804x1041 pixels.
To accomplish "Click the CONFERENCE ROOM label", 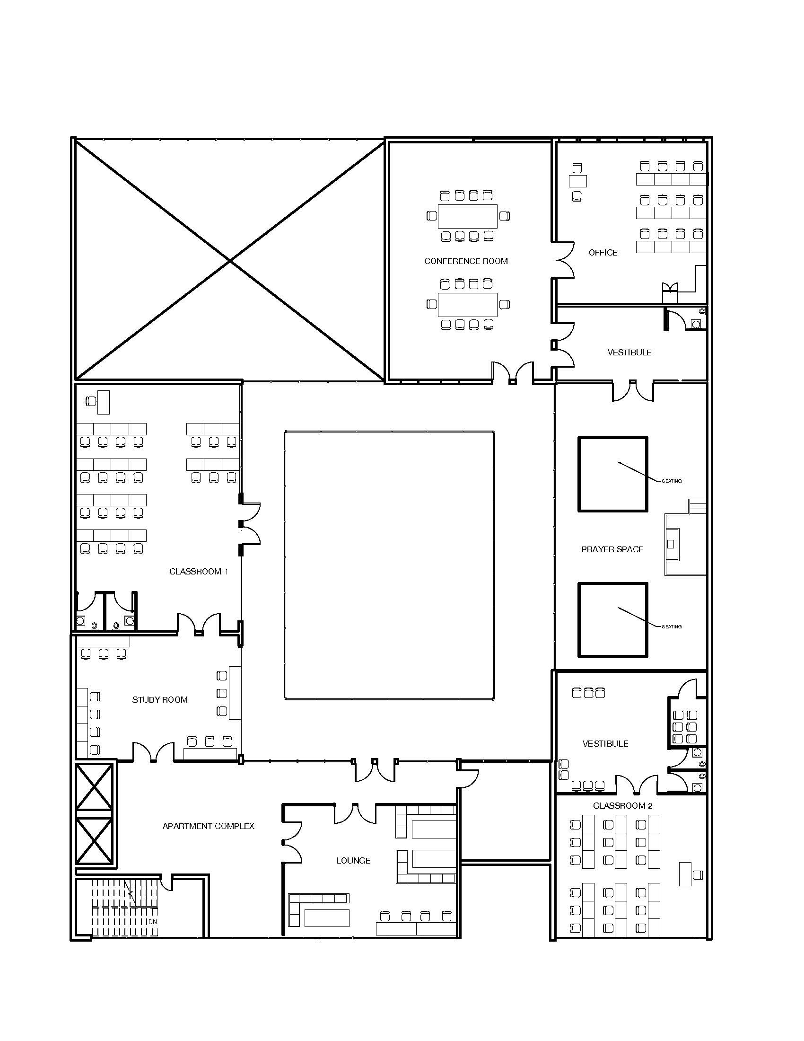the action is (466, 261).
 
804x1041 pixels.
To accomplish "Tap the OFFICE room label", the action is (603, 253).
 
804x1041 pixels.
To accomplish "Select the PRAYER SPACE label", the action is (612, 549).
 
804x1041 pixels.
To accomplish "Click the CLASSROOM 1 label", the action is (199, 572).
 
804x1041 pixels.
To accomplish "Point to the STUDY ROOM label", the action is (159, 700).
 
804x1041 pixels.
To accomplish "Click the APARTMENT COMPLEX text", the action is (208, 826).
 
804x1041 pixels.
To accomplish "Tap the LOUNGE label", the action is (353, 860).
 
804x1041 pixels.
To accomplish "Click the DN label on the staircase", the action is (152, 922).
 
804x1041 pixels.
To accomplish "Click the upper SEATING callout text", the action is (672, 481).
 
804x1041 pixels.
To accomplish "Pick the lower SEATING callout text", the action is (672, 627).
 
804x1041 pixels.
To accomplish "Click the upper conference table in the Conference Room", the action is (467, 216).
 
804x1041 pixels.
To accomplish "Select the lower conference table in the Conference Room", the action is (467, 305).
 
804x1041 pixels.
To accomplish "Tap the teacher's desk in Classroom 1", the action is (104, 402).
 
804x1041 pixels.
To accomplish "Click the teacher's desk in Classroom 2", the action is (685, 874).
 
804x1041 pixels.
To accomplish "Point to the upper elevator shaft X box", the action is (95, 787).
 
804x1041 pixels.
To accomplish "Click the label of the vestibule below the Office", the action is (629, 353).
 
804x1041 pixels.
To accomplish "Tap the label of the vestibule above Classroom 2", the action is (605, 743).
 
